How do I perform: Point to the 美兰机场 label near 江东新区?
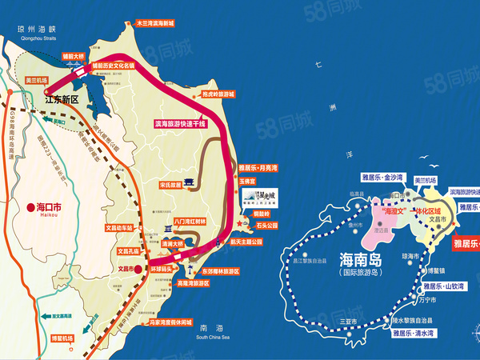[x=37, y=81]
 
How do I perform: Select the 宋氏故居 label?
[x=171, y=183]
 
